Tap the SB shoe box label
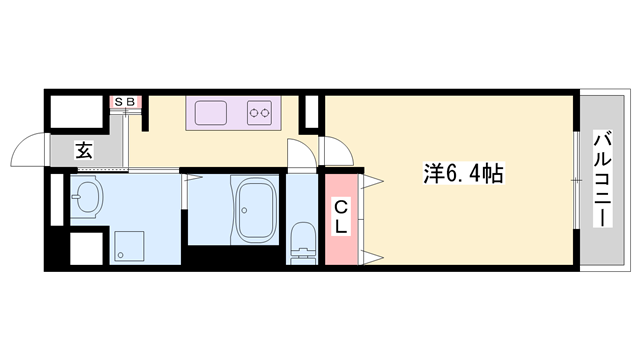[127, 102]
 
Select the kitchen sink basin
[210, 111]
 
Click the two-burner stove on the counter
[261, 111]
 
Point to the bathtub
[258, 209]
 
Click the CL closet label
[340, 217]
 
